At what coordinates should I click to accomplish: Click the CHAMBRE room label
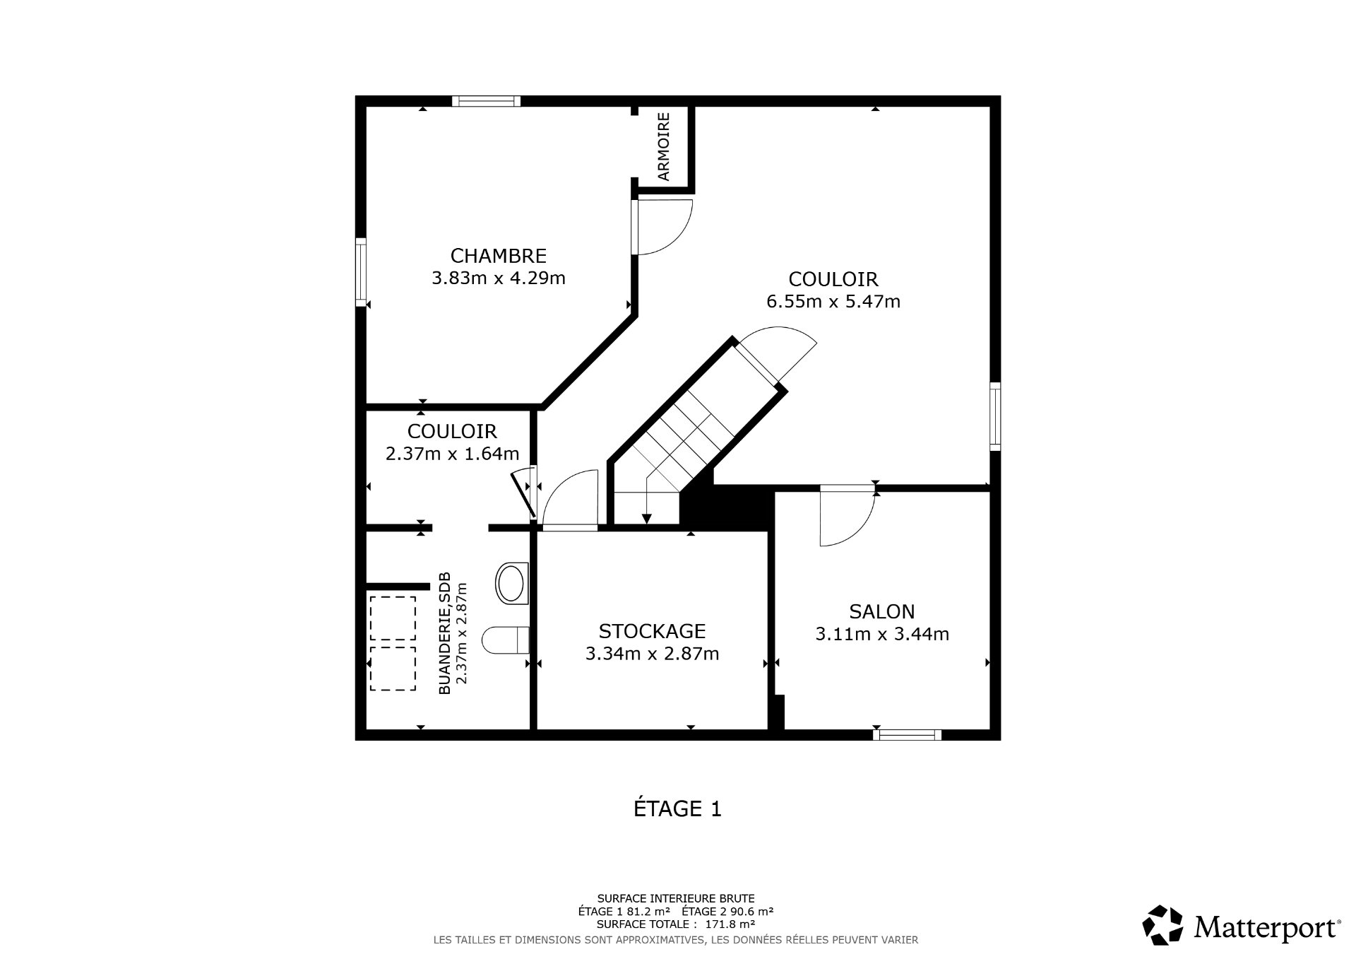point(499,255)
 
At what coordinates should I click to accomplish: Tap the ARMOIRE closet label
point(664,146)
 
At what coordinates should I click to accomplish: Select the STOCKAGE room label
point(652,630)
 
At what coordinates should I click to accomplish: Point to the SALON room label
point(882,611)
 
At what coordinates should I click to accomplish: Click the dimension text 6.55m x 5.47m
point(833,302)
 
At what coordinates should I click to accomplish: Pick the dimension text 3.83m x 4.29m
point(499,278)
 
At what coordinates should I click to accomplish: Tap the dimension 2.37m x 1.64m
point(452,454)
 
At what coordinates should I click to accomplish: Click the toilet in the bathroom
point(506,641)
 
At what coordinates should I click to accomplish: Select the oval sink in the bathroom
point(512,582)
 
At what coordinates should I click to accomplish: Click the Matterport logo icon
point(1162,925)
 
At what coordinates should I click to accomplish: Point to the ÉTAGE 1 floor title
point(677,808)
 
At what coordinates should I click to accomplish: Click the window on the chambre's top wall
point(486,101)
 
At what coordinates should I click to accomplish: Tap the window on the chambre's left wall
point(361,272)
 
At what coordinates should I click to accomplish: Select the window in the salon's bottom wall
point(907,735)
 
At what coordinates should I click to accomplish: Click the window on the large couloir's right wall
point(995,416)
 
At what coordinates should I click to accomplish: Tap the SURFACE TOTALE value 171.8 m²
point(731,924)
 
